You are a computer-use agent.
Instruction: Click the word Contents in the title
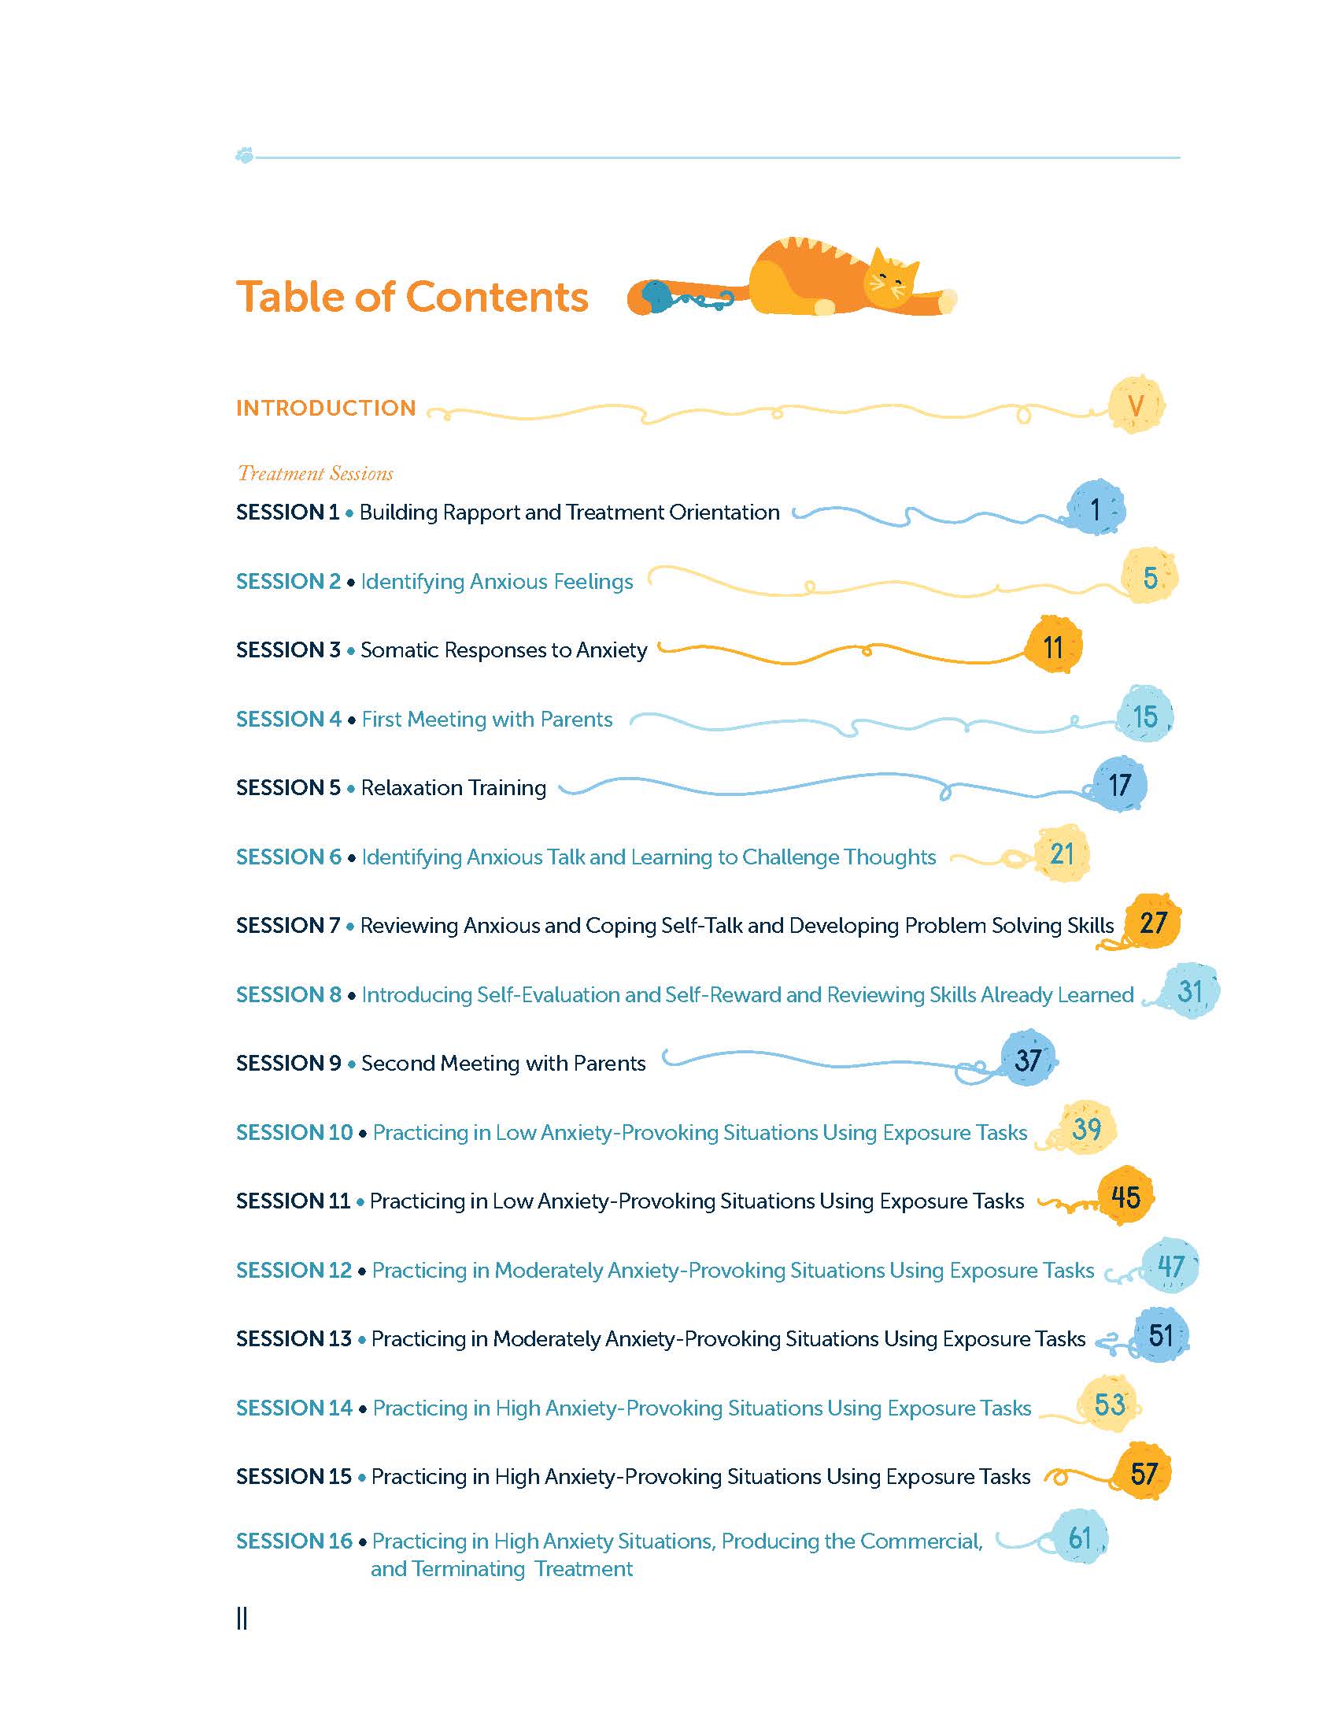497,298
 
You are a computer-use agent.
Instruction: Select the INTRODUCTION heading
326,408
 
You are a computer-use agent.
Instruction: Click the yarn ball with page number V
1136,405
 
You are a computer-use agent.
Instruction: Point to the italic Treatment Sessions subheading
316,473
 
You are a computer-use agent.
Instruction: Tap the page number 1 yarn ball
1096,509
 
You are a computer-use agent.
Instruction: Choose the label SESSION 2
288,581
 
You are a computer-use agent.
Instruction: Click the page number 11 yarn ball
1052,647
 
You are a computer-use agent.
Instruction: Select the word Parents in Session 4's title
576,720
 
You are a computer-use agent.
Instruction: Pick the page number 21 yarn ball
1063,854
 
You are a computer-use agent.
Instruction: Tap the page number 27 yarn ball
1153,923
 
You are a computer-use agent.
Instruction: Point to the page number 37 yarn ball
1027,1060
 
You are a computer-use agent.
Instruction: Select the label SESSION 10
294,1132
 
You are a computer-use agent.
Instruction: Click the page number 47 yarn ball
1170,1267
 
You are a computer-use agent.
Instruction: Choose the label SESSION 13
294,1338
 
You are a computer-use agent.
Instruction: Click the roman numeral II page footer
242,1619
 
